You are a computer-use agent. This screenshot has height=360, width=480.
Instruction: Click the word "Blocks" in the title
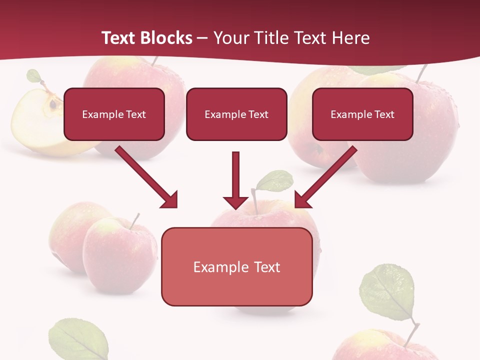(167, 38)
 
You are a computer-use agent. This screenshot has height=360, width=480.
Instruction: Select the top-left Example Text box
(114, 114)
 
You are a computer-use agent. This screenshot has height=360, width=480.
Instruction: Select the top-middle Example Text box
(236, 114)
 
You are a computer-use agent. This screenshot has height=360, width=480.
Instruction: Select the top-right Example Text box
(362, 114)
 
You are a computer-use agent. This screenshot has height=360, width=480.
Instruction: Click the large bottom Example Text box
(236, 267)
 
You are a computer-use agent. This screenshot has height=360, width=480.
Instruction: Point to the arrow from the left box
(146, 177)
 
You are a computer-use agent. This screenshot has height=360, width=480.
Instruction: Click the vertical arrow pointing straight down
(235, 180)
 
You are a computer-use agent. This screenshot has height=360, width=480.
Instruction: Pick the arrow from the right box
(326, 177)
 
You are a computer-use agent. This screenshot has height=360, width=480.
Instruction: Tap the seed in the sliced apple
(52, 104)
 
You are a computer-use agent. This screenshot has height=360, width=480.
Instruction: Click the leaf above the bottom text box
(274, 180)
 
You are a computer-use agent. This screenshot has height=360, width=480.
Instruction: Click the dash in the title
(202, 38)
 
